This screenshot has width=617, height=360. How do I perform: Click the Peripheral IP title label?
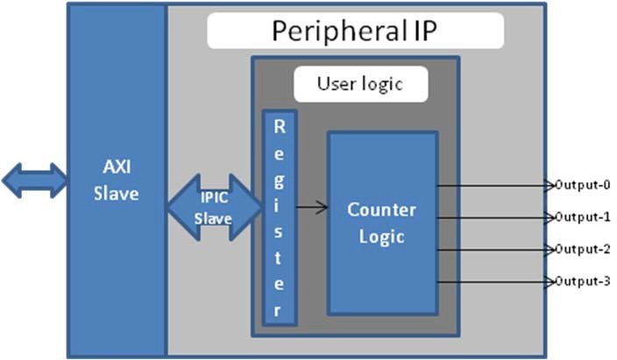point(355,31)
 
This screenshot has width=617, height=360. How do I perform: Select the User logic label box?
point(359,85)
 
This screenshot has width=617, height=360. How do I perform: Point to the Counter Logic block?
point(381,223)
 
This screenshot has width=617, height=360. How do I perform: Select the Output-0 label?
point(582,185)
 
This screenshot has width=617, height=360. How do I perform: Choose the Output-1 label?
point(582,216)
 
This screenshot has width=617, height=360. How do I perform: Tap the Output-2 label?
point(582,249)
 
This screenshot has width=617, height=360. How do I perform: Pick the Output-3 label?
point(582,281)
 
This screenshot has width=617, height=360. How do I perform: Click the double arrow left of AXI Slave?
point(33,180)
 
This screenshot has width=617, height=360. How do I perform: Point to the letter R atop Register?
point(280,125)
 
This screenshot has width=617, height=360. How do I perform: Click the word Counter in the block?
point(381,210)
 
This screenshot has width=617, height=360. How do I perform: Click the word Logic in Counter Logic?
point(381,236)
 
